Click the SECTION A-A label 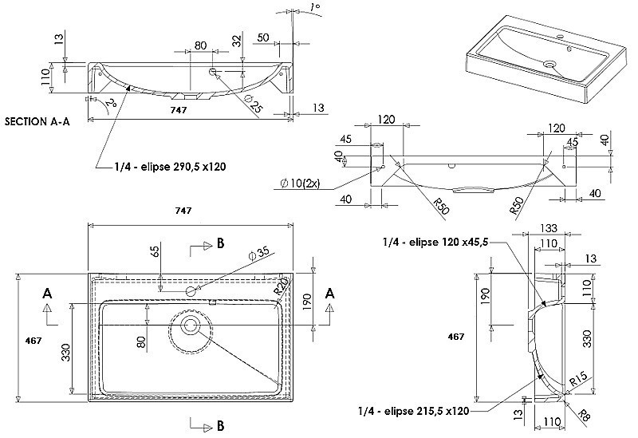tap(37, 122)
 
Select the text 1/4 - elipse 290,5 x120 tap(168, 168)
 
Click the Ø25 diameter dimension tap(254, 105)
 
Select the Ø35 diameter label tap(260, 255)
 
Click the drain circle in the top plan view tap(191, 324)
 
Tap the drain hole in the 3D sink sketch tap(549, 65)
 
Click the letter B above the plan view tap(219, 245)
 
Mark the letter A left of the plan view tap(48, 294)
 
